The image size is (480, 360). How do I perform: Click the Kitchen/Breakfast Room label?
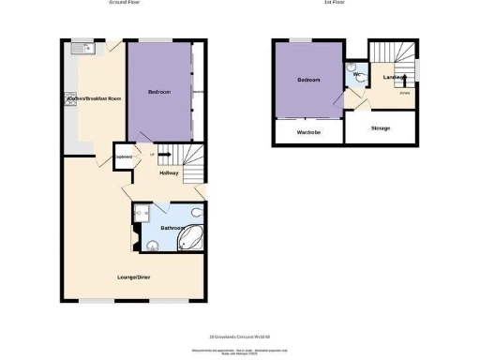(x=94, y=98)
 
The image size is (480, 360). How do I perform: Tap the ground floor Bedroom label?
(x=158, y=92)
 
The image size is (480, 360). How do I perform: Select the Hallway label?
(x=169, y=173)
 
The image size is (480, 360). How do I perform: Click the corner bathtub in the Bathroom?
(x=191, y=238)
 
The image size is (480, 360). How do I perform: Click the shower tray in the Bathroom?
(x=141, y=214)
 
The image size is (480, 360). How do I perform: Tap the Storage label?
(x=380, y=127)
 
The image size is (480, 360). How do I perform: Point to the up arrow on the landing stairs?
(x=403, y=82)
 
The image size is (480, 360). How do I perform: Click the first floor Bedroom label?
(x=308, y=80)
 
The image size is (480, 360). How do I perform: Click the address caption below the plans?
(x=240, y=337)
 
